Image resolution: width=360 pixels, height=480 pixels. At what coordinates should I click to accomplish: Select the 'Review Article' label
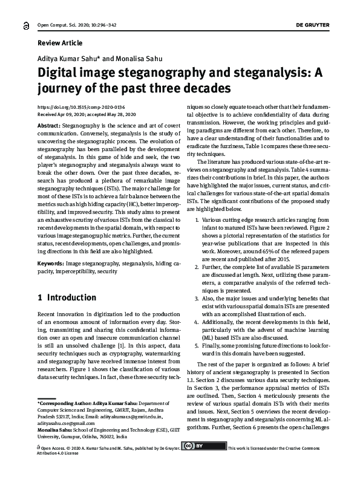point(60,43)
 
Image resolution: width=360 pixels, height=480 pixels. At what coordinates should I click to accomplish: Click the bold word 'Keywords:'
point(51,264)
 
